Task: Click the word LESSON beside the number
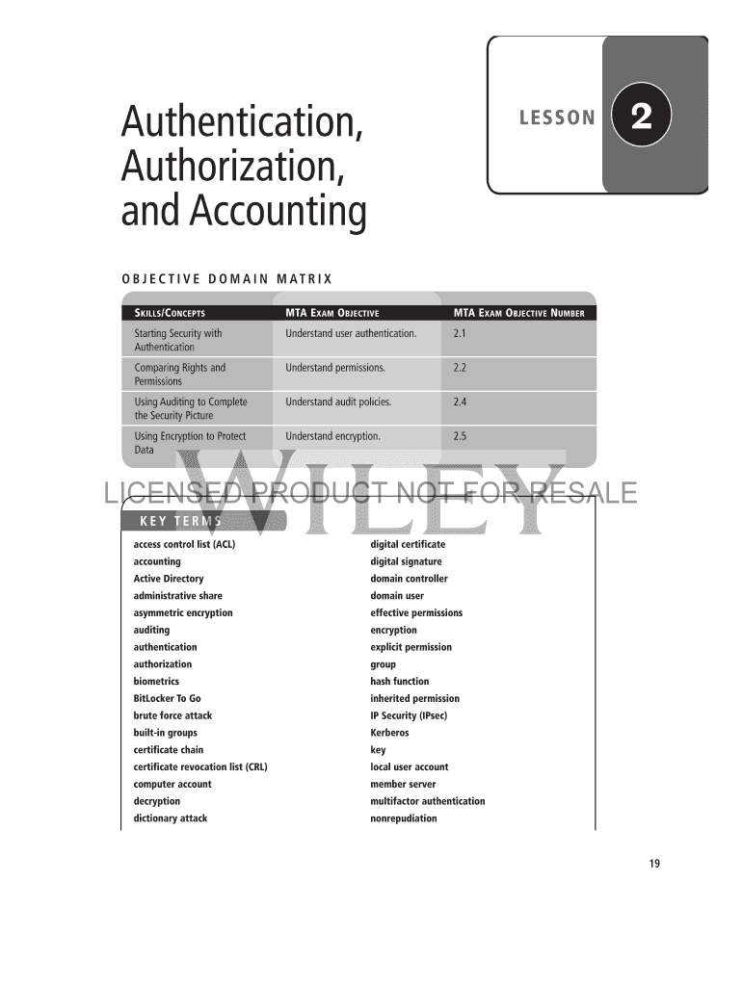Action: point(557,118)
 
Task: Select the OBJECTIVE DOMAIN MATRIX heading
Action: point(226,279)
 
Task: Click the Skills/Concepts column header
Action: point(170,313)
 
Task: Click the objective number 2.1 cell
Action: point(460,334)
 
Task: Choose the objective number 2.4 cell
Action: point(460,402)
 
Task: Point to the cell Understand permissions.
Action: point(335,368)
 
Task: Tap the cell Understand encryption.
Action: point(332,436)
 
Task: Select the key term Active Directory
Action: point(169,579)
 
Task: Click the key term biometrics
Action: point(156,682)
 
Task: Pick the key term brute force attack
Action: point(172,715)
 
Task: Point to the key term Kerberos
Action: point(389,733)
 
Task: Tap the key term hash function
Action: point(400,682)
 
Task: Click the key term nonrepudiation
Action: point(404,818)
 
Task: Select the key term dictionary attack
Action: point(171,818)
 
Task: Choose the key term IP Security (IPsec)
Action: point(409,715)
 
